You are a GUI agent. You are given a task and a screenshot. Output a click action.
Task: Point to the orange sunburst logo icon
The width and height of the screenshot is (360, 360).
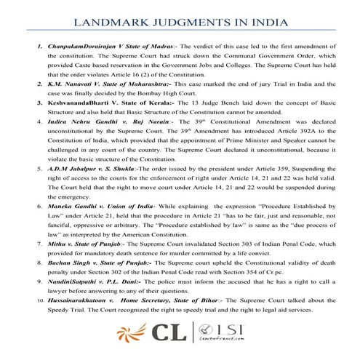click(x=132, y=338)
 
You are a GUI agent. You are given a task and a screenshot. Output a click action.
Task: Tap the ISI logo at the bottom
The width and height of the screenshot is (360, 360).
click(x=219, y=337)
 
